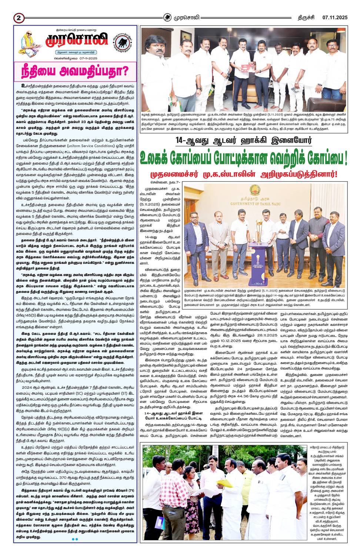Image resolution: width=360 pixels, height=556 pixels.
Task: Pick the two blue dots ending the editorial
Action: click(x=75, y=539)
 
